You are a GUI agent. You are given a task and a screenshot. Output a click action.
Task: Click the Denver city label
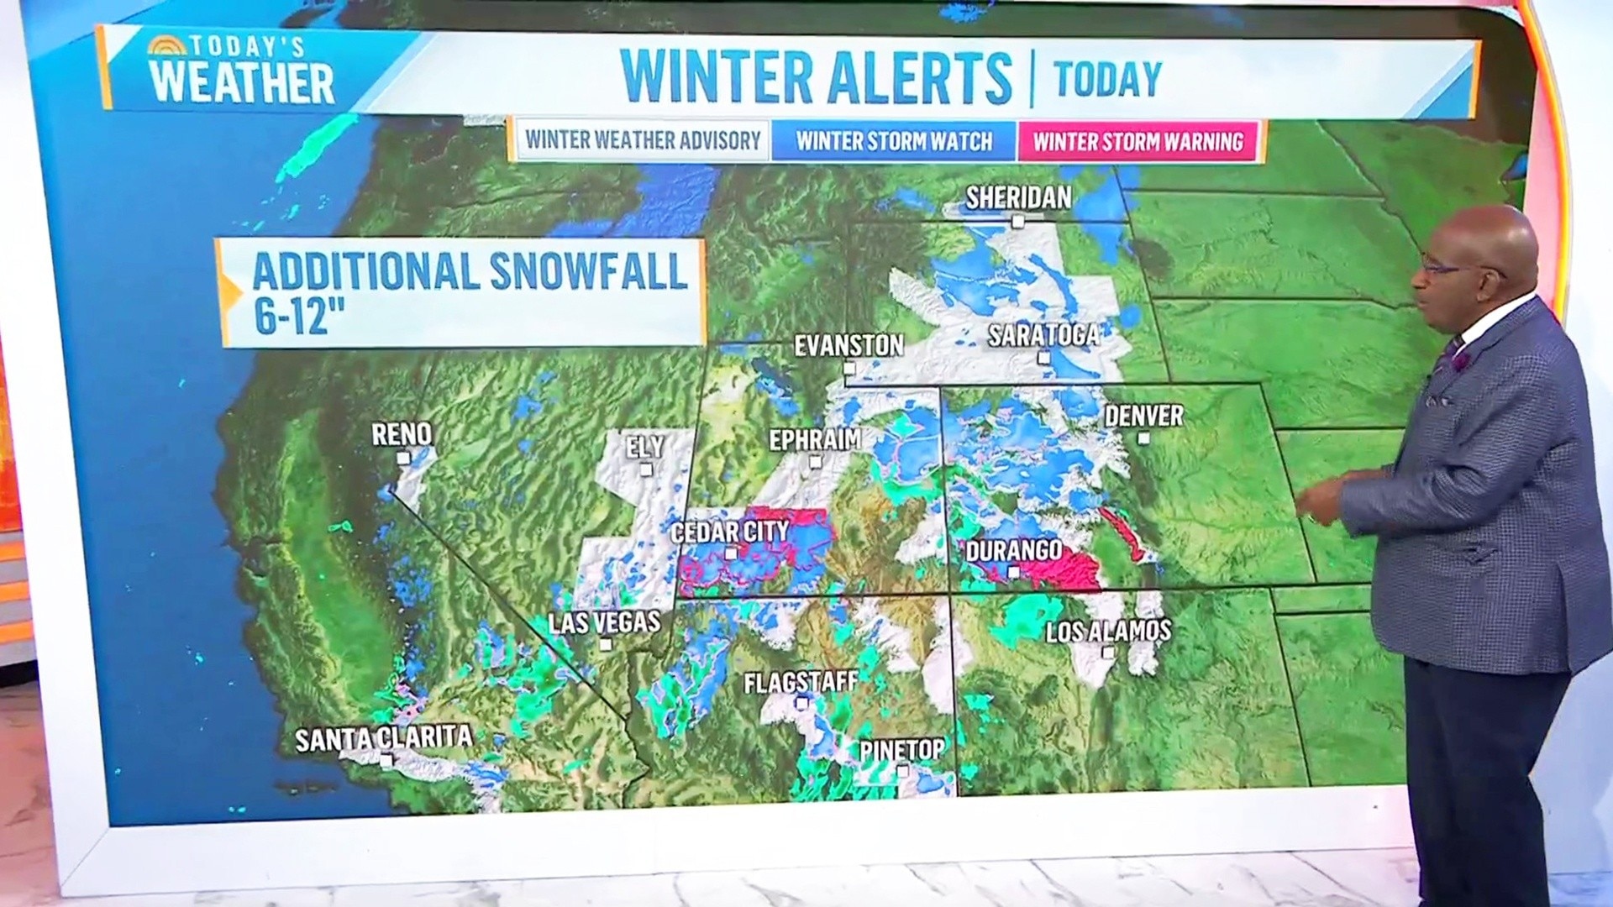click(1143, 416)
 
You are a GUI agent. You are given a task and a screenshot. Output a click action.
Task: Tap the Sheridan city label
click(1018, 198)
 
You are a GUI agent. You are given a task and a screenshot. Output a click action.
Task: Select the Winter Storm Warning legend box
click(1138, 141)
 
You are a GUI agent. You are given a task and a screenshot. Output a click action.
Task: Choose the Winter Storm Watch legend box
click(894, 141)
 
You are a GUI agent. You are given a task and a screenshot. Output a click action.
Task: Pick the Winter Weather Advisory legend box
click(643, 140)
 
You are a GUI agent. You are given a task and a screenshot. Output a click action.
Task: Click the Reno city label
click(402, 434)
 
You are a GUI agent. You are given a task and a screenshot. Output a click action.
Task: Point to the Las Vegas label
click(604, 622)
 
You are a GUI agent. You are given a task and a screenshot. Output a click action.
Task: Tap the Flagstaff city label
click(801, 681)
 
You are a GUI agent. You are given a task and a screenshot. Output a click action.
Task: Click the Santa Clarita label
click(383, 739)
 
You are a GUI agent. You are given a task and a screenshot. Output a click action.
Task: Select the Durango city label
click(1013, 551)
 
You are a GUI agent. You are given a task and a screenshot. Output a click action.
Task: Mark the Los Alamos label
click(1108, 631)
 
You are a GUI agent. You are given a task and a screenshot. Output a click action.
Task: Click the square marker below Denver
click(1143, 438)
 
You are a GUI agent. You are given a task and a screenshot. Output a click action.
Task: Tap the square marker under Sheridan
click(1018, 222)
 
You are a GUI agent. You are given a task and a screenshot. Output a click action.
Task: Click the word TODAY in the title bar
click(1107, 79)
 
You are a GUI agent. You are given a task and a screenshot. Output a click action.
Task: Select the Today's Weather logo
click(241, 71)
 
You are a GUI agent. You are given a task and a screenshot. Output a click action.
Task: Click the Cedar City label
click(729, 532)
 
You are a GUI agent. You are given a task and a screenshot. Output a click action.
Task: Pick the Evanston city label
click(849, 345)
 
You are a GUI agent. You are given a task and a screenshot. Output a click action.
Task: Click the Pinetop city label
click(901, 748)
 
